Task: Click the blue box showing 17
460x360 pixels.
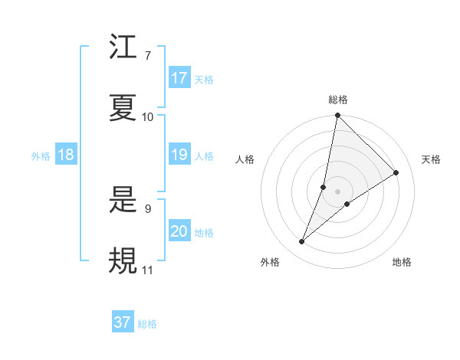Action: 179,77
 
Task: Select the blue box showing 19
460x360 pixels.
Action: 179,155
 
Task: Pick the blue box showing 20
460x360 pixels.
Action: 179,231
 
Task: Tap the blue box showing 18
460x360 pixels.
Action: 66,155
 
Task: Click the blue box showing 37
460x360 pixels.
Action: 123,322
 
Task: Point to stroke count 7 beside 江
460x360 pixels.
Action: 147,55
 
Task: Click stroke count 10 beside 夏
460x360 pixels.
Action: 148,116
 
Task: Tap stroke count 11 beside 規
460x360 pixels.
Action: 147,270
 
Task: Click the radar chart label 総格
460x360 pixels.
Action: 338,100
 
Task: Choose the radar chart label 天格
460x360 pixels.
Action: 431,159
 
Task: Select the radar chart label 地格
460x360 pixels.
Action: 402,262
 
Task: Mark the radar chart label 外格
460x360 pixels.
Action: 270,262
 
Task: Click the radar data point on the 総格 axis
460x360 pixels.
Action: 337,116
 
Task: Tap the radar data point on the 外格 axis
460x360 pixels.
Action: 302,242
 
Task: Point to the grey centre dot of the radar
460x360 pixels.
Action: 337,180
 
